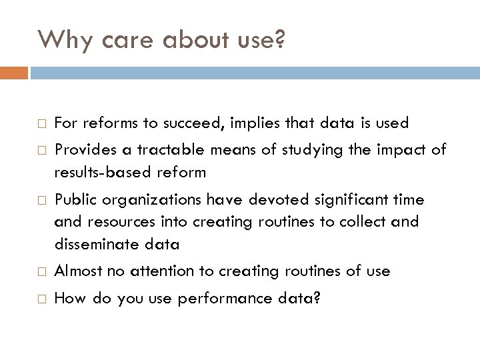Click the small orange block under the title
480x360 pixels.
[x=14, y=72]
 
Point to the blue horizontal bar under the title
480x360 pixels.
[x=254, y=72]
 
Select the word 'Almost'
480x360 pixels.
[x=78, y=271]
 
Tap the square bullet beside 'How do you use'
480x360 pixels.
[x=42, y=299]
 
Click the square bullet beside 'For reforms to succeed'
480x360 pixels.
[x=42, y=124]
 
